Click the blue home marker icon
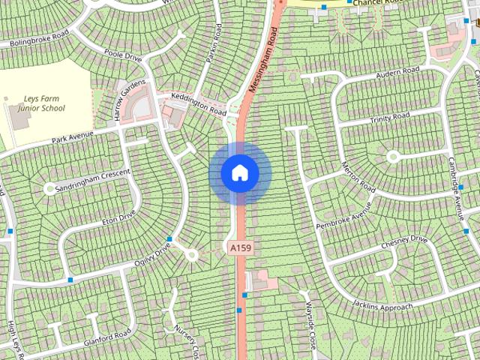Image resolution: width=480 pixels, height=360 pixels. (x=240, y=173)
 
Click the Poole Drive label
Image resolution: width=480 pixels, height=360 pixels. (x=124, y=55)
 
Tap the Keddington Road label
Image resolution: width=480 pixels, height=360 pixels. (x=198, y=107)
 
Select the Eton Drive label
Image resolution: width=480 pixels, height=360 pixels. (x=118, y=217)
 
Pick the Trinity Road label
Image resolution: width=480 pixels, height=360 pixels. (x=389, y=117)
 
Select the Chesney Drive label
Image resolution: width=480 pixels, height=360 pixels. (x=403, y=241)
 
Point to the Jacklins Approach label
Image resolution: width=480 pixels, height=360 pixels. (x=383, y=306)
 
